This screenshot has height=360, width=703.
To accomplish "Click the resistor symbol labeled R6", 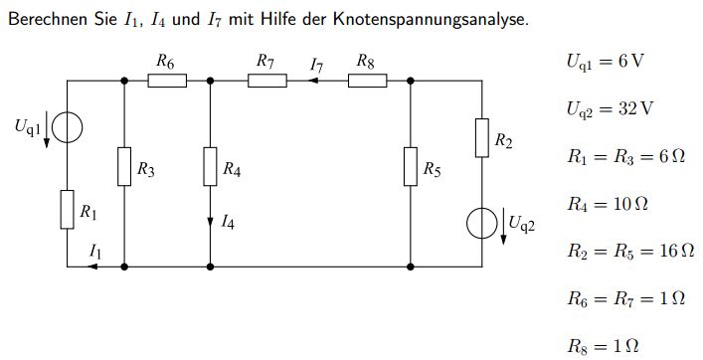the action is pos(167,81).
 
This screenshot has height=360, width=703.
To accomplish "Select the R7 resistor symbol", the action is pos(267,81).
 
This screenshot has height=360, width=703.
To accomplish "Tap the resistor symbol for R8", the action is pos(367,81).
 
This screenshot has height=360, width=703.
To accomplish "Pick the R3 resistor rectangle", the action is pos(124,166).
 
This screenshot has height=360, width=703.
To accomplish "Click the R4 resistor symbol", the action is pos(210,166).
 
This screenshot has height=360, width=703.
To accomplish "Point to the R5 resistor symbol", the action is pos(411,166).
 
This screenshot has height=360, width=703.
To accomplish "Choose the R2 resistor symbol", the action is pos(482,138).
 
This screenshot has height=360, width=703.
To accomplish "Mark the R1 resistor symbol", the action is pos(68,210).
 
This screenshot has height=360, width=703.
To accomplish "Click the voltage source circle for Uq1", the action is pos(68,127).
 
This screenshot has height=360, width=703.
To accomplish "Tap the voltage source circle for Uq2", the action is pos(482,223).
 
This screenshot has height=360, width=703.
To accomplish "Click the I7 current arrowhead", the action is pos(313,81).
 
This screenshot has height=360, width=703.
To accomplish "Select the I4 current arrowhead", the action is pos(210,223).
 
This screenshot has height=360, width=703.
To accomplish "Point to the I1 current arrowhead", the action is pos(92,267).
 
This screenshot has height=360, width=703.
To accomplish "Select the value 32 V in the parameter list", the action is pos(635,108).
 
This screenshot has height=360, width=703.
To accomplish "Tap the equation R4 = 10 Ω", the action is pos(608,205).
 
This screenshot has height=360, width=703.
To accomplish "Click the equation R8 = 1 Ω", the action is pos(603,346).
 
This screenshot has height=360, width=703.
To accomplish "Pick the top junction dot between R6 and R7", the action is pos(210,81).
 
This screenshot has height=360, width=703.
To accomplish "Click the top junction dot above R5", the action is pos(411,81).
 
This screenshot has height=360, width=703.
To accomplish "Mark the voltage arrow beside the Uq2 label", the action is pos(503,227).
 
